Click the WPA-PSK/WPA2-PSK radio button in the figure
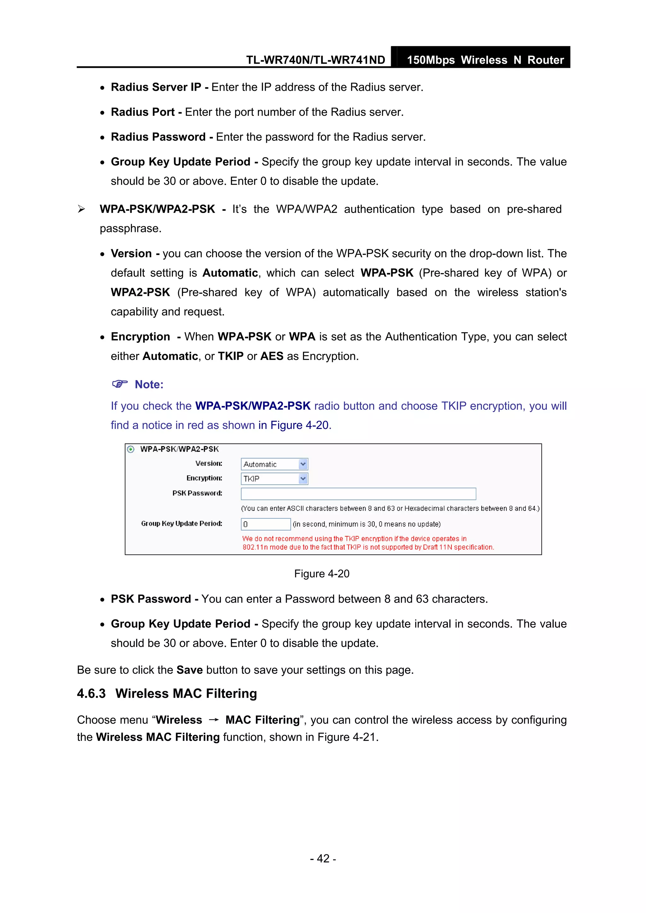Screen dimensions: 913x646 point(131,449)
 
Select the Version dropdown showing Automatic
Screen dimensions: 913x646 point(274,464)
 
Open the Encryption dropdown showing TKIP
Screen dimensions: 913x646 point(274,479)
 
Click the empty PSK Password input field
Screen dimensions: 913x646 point(358,494)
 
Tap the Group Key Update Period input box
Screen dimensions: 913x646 point(266,524)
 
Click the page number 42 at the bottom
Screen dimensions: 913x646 point(323,858)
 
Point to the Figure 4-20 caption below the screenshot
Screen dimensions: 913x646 point(322,574)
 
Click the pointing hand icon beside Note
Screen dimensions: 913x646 point(120,384)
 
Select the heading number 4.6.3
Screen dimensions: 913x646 point(91,694)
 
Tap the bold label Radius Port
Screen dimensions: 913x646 point(143,112)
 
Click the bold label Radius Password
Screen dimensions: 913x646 point(158,137)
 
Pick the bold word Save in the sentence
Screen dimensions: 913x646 point(190,670)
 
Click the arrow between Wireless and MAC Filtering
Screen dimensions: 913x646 point(214,720)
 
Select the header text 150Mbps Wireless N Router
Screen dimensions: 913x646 point(485,60)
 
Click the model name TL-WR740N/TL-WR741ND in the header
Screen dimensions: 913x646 point(315,60)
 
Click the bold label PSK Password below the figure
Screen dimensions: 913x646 point(151,599)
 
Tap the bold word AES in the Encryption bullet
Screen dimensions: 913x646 point(272,356)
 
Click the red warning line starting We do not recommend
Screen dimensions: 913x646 point(354,539)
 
